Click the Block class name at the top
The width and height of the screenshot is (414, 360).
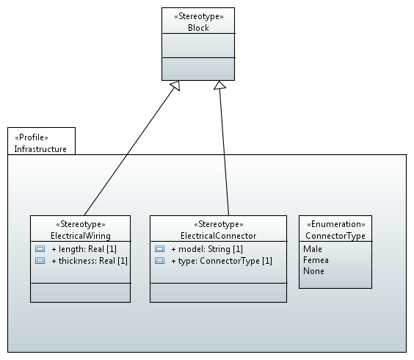198,28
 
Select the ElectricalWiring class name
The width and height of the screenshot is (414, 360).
81,236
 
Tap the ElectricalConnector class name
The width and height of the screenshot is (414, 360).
218,236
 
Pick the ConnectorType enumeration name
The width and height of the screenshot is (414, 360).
335,236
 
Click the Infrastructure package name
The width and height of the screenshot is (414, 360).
40,149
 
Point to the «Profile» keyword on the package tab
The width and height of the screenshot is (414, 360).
32,137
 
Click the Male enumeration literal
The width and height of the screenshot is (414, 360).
313,249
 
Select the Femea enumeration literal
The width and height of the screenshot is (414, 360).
316,260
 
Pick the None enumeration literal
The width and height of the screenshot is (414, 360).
313,271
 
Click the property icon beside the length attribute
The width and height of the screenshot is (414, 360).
40,249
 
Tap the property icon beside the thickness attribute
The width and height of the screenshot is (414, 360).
40,261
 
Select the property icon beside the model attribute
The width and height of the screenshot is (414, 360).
159,249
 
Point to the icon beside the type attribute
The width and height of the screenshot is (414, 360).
159,261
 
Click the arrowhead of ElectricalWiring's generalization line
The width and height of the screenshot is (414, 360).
176,85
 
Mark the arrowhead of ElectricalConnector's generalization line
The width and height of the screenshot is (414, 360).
219,85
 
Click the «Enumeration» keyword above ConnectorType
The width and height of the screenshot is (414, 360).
336,224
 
